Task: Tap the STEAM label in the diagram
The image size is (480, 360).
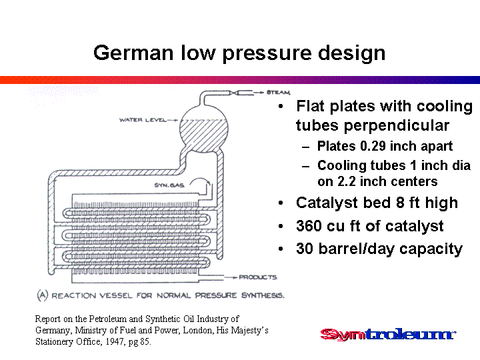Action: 278,92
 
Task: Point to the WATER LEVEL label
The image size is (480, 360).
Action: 143,120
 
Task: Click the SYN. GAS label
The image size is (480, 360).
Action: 169,185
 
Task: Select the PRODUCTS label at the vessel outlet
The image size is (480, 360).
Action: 258,277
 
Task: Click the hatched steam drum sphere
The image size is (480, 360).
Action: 203,129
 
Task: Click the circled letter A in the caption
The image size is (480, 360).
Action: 43,295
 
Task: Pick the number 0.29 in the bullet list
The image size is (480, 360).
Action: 373,146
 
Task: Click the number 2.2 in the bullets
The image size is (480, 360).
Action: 347,181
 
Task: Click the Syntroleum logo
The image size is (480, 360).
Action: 388,334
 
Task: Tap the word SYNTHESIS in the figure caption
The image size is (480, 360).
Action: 263,295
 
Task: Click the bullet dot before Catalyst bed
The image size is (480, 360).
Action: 281,203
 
